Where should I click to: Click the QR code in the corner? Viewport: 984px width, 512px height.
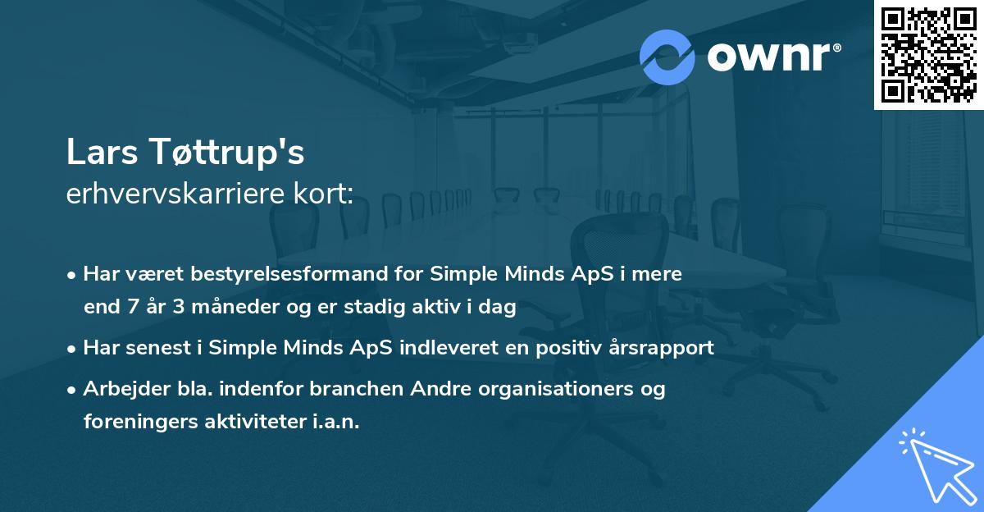(x=929, y=55)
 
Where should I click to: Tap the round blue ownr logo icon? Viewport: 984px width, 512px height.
(x=667, y=57)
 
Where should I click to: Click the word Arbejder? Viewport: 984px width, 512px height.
(x=123, y=388)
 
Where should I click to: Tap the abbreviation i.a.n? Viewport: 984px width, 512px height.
(x=336, y=422)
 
